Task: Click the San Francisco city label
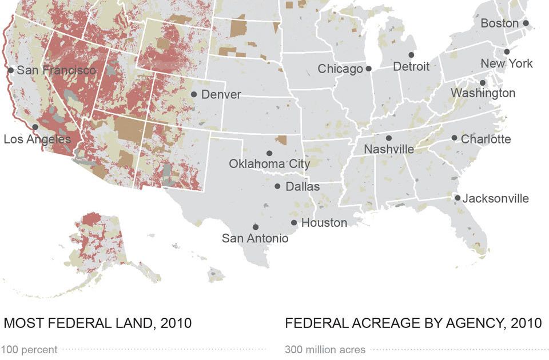tap(57, 70)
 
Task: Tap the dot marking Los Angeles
tap(35, 127)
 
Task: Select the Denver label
tap(221, 94)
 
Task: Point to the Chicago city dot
tap(368, 69)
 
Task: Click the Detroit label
tap(411, 67)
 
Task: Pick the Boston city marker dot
tap(526, 23)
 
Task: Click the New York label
tap(506, 63)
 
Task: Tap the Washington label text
tap(483, 93)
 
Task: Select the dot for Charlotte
tap(454, 138)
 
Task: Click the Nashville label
tap(389, 149)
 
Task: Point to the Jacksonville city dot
tap(457, 198)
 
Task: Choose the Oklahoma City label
tap(269, 164)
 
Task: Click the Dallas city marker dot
tap(277, 186)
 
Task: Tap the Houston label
tap(324, 223)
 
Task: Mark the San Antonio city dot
tap(255, 227)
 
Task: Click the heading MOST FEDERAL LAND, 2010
tap(98, 323)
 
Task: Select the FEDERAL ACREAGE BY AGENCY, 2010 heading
tap(413, 323)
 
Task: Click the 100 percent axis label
tap(29, 349)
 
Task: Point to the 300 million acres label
tap(325, 349)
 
